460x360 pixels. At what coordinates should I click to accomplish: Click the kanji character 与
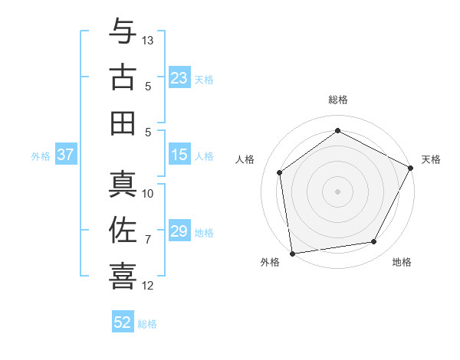click(x=123, y=32)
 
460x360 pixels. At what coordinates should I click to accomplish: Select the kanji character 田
click(x=123, y=123)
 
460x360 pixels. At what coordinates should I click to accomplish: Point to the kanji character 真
click(x=123, y=185)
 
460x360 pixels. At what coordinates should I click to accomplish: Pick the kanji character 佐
click(x=123, y=230)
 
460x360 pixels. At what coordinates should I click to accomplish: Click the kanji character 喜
click(x=123, y=276)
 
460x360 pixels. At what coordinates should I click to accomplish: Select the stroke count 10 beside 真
click(x=148, y=194)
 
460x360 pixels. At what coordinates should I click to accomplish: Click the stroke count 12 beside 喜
click(x=148, y=286)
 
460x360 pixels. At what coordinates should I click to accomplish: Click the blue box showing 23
click(x=179, y=78)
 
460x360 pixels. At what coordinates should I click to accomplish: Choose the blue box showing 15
click(x=179, y=155)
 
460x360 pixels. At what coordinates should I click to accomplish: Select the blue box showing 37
click(x=65, y=155)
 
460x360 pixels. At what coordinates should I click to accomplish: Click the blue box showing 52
click(x=123, y=323)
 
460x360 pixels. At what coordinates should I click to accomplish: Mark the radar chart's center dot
click(x=337, y=191)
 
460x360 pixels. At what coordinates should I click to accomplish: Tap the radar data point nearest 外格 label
click(x=292, y=253)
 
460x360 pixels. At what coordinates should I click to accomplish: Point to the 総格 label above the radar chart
click(x=337, y=100)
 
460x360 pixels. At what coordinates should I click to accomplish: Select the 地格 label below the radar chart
click(x=402, y=263)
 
